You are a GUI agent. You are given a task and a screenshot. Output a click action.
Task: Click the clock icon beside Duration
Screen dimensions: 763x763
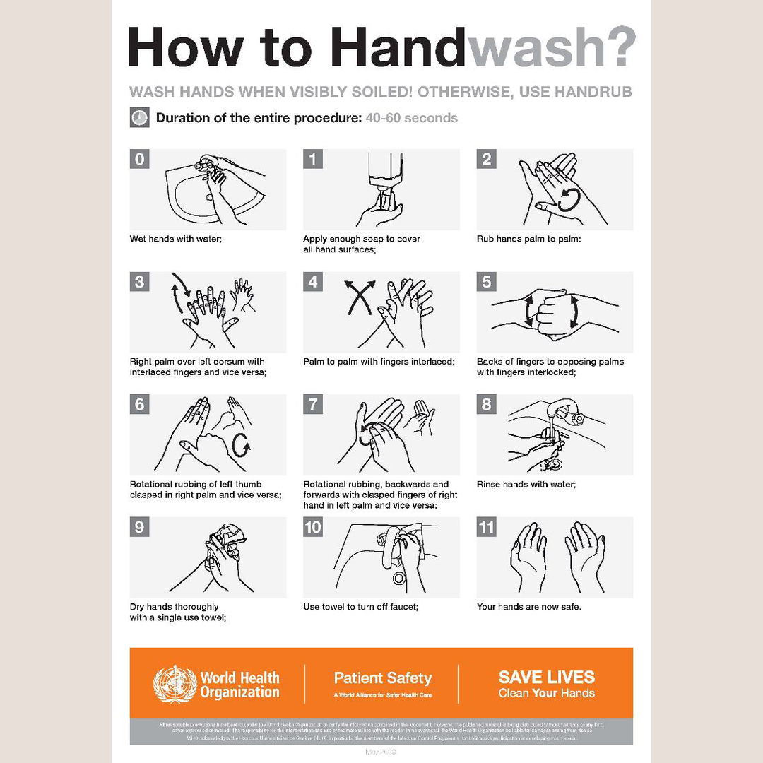139,118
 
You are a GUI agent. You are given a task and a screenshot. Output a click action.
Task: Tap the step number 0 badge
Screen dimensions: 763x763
140,159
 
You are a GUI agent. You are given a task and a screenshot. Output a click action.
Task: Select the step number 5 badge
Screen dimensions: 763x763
486,282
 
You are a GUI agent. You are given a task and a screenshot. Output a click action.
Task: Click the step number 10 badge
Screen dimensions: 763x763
313,527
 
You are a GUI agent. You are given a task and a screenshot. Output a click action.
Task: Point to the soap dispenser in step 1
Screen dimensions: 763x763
384,174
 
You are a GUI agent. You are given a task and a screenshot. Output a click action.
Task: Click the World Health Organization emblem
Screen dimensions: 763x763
175,684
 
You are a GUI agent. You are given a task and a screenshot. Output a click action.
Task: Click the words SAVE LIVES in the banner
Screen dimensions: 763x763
546,677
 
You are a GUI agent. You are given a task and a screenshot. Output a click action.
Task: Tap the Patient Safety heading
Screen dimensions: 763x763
382,678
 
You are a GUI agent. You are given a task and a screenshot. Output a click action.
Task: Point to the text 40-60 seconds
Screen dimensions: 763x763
411,118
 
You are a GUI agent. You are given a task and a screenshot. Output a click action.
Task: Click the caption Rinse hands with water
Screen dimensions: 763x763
526,485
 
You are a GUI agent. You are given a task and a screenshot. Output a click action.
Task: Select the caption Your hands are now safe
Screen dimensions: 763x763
528,607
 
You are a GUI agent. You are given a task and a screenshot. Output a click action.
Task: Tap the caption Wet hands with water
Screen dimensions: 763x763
176,239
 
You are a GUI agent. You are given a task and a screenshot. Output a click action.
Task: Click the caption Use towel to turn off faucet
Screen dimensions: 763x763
360,607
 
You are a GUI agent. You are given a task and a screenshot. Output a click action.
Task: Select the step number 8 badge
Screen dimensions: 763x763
486,405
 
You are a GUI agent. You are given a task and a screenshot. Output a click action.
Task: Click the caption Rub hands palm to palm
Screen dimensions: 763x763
528,239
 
